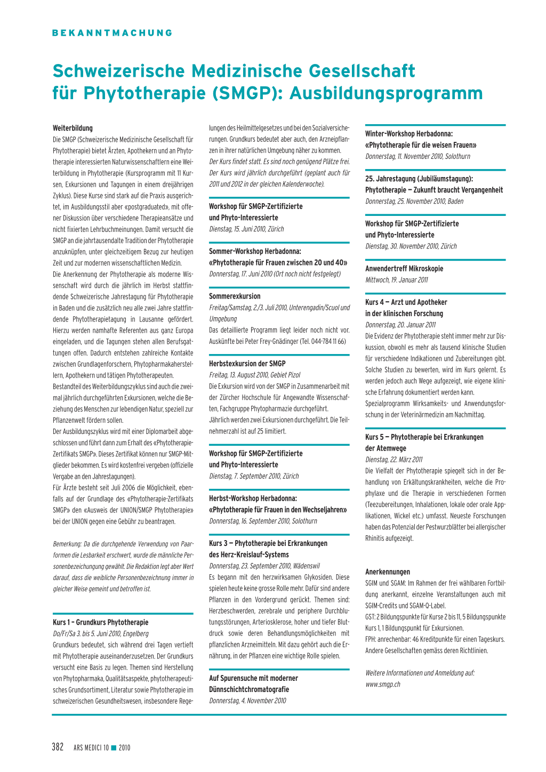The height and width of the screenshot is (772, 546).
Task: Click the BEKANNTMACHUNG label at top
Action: point(112,33)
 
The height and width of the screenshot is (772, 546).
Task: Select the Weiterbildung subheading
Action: point(73,128)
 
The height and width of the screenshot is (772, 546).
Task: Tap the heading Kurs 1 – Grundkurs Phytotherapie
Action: point(100,622)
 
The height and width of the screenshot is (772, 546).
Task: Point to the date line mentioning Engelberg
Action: point(101,633)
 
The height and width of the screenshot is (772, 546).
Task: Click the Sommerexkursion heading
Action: point(235,296)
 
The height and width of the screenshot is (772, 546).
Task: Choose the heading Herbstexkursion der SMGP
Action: point(247,364)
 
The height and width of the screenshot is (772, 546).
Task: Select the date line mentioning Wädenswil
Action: point(264,566)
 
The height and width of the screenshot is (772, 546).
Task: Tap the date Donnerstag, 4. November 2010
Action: point(247,701)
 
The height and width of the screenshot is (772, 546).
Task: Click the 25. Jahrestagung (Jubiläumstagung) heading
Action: point(419,179)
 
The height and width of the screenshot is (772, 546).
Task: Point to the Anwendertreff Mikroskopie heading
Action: point(404,269)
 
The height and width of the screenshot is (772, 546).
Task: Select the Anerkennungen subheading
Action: point(388,572)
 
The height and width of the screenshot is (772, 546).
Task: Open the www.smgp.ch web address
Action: point(383,684)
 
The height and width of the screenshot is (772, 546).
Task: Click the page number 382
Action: point(58,747)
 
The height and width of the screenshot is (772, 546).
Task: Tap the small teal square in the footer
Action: point(113,747)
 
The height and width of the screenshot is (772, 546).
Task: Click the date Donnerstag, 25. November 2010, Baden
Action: point(414,201)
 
